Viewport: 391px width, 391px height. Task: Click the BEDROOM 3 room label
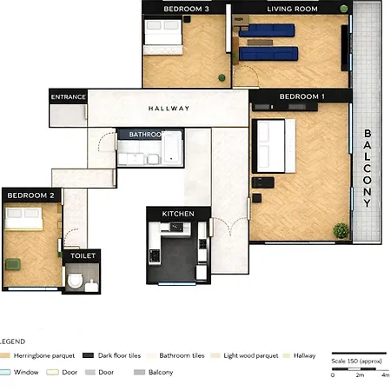click(186, 9)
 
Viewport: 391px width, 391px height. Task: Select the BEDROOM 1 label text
click(302, 96)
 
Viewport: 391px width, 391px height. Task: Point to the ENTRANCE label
click(69, 96)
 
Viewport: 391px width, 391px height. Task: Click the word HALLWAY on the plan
click(169, 109)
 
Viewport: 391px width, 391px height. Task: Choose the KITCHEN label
click(178, 214)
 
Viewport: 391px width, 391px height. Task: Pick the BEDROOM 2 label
click(31, 196)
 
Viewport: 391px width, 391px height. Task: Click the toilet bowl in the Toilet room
click(76, 281)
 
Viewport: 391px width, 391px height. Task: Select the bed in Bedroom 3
click(162, 34)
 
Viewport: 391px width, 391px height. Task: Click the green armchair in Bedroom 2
click(14, 263)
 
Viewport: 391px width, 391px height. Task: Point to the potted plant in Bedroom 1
click(341, 230)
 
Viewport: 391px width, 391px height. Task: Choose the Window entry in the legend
click(23, 372)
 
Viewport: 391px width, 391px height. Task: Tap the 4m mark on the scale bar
click(385, 374)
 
